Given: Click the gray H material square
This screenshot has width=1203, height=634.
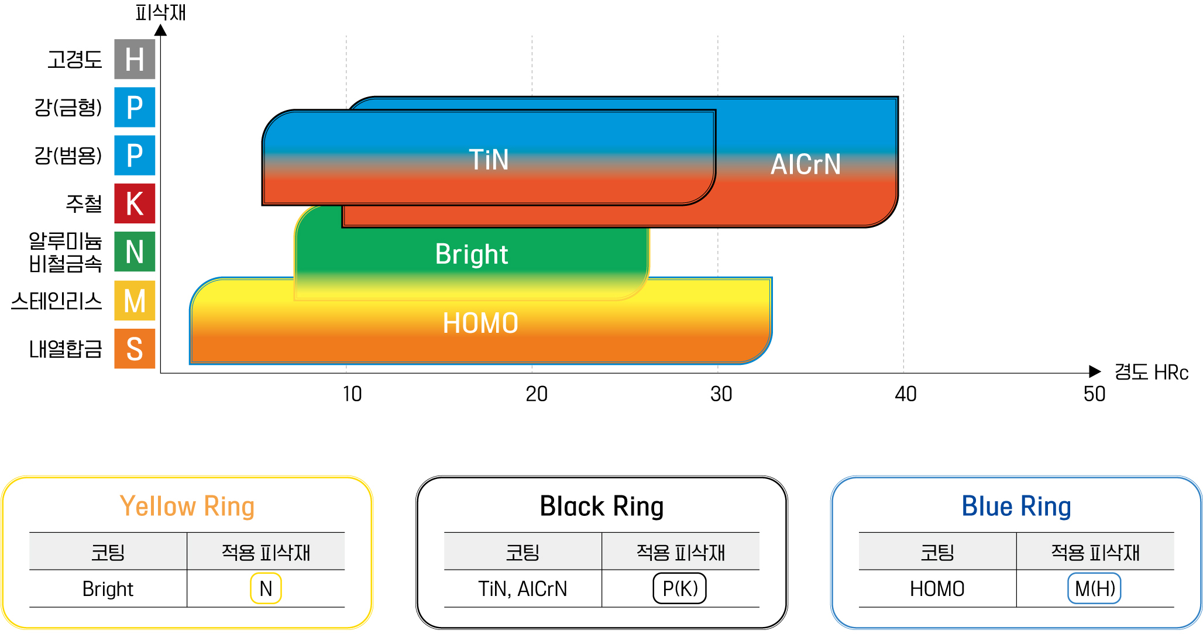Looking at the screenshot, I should [135, 59].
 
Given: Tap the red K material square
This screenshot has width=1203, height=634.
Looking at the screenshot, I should [135, 204].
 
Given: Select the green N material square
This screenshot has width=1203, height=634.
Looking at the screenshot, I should [135, 251].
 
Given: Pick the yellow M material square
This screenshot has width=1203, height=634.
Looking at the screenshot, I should [135, 301].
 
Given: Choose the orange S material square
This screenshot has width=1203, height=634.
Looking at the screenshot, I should [135, 349].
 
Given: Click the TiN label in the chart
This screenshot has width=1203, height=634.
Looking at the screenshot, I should [489, 160].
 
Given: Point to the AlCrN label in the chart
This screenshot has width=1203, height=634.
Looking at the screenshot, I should [806, 164].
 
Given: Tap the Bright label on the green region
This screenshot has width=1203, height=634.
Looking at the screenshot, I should [472, 254].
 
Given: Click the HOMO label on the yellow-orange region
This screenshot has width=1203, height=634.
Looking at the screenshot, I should [480, 323].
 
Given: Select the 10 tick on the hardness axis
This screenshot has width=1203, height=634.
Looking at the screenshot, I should [352, 394].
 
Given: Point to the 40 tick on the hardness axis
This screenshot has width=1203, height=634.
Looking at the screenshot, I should [906, 394].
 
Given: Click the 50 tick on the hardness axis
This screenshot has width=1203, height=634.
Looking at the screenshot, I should [1094, 394].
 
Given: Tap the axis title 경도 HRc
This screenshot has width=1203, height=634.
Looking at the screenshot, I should [1151, 373].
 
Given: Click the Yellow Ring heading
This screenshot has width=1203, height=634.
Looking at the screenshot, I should [187, 506].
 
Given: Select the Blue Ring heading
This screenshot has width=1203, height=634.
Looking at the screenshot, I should [1016, 506].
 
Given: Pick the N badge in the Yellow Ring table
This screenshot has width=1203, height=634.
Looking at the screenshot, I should [266, 588].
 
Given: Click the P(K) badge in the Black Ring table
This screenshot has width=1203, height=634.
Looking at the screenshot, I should [680, 588].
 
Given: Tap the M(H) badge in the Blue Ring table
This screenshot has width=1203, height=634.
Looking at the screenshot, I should [1095, 588].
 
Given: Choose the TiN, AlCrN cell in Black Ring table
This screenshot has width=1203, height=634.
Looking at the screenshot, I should [523, 589].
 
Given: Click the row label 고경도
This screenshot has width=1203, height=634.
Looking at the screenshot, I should [75, 60].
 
